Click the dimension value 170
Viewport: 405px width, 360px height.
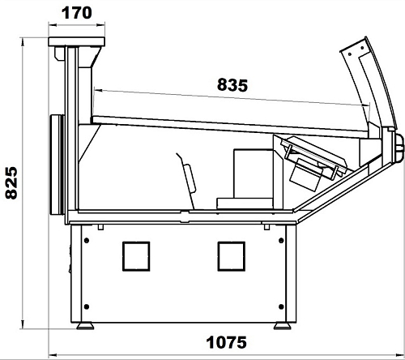[x=77, y=13]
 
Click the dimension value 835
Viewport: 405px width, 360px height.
[x=232, y=85]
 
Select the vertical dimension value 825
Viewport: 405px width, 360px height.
[x=11, y=183]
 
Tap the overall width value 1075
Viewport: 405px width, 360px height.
[x=226, y=342]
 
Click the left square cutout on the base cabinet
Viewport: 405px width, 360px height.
[x=136, y=256]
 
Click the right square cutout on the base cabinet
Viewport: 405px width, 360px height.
[x=232, y=256]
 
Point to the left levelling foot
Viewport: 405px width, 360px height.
[x=85, y=326]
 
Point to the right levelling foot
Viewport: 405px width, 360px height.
[x=283, y=326]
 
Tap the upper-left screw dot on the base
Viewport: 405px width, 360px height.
[x=87, y=240]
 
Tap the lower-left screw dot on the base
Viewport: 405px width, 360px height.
[x=87, y=306]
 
